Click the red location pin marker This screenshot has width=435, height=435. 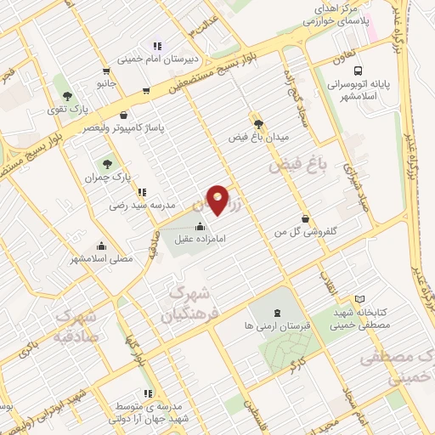[x=218, y=200]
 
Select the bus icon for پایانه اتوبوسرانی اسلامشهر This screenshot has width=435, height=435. [x=359, y=71]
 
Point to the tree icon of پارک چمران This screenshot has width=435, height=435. [x=107, y=164]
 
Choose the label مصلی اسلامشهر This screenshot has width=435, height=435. [x=101, y=260]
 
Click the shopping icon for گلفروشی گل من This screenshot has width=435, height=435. [x=304, y=218]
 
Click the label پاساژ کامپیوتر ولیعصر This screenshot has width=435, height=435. [x=124, y=128]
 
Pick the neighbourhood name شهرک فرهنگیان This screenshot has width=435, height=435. [x=183, y=306]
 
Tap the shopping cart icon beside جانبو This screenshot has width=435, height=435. [x=105, y=71]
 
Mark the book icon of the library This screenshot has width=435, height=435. [x=360, y=299]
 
